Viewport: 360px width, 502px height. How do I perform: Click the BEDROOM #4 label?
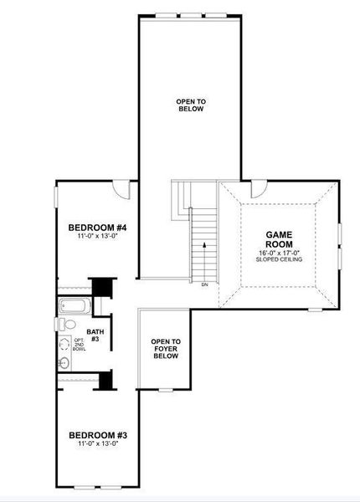(96, 227)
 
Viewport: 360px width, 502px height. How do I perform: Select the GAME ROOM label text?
(278, 241)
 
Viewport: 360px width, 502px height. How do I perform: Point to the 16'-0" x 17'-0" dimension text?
(278, 252)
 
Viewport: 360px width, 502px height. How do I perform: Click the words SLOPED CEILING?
(278, 259)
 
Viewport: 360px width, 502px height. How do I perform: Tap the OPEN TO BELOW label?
(191, 105)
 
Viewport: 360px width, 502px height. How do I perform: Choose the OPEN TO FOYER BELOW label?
(165, 349)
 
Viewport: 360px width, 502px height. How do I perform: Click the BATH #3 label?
(95, 336)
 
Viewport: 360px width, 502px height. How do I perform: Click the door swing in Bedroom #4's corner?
(124, 190)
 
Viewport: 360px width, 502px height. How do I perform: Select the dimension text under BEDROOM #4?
(96, 237)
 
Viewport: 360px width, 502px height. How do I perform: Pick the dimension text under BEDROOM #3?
(96, 444)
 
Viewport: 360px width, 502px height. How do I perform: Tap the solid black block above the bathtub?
(101, 286)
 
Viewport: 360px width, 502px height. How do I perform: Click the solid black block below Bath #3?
(105, 379)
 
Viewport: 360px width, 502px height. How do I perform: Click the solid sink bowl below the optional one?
(64, 363)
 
